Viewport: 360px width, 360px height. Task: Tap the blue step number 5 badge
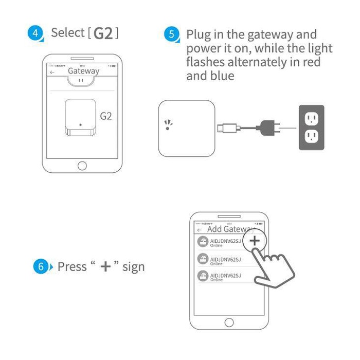[172, 35]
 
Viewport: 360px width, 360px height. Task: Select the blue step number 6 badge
[41, 267]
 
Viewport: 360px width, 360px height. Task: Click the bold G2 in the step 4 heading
[103, 33]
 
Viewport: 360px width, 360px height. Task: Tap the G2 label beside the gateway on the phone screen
[106, 116]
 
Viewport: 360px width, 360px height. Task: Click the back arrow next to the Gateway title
[52, 73]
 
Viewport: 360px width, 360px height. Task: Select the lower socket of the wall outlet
[311, 136]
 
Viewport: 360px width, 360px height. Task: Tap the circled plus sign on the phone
[255, 241]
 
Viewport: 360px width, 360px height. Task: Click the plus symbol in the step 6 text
[105, 267]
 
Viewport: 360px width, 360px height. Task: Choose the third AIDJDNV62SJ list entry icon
[203, 277]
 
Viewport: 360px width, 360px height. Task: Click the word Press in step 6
[72, 267]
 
